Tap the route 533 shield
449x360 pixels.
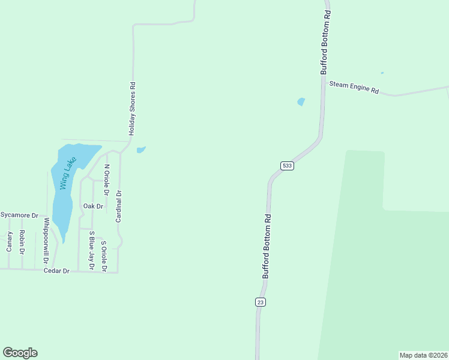coord(287,165)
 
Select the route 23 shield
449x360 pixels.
coord(260,302)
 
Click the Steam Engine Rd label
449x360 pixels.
coord(354,88)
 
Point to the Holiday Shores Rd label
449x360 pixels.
coord(133,108)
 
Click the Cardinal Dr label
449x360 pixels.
coord(119,206)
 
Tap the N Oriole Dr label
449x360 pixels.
coord(107,179)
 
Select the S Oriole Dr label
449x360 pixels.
coord(104,256)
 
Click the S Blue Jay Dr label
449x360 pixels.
coord(92,250)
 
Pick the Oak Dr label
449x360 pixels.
coord(93,206)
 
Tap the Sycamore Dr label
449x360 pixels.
coord(19,215)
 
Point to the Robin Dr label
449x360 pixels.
coord(22,241)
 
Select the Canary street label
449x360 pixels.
coord(9,241)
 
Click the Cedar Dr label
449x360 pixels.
coord(57,271)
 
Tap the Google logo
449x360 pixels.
coord(20,353)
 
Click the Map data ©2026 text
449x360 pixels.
coord(423,355)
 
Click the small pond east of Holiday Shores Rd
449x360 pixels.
coord(140,150)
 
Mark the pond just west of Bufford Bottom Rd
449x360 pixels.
coord(301,101)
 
